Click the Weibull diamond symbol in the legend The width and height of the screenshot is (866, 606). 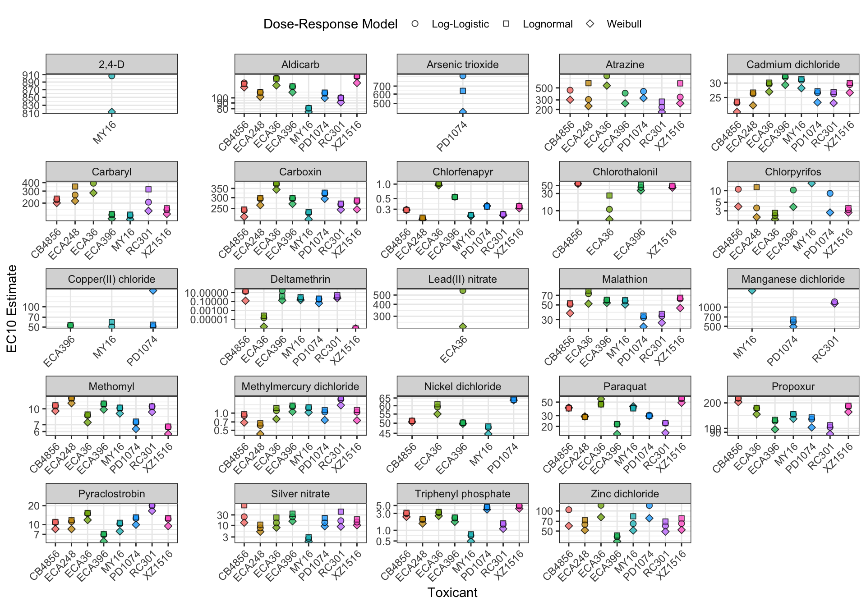coord(590,24)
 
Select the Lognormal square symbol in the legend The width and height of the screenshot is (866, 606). coord(506,24)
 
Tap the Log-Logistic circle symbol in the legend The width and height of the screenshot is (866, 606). coord(415,24)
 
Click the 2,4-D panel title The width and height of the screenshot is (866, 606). coord(111,64)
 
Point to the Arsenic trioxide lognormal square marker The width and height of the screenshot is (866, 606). coord(463,91)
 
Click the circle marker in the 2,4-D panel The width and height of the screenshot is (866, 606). coord(111,76)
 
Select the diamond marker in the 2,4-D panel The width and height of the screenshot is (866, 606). coord(111,112)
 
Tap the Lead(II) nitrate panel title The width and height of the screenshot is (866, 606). coord(462,279)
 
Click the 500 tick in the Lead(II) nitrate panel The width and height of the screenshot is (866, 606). coord(382,295)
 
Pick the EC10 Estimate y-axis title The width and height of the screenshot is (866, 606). coord(12,308)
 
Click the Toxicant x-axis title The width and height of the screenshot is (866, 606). coord(452,592)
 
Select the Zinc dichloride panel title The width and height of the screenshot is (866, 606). coord(625,494)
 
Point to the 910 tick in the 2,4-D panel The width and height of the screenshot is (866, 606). coord(34,75)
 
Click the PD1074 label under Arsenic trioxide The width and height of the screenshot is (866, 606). coord(452,136)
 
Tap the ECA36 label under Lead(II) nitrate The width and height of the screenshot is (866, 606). coord(453,350)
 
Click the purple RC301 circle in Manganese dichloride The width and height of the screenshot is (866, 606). coord(834,302)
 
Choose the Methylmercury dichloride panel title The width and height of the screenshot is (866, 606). coord(300,386)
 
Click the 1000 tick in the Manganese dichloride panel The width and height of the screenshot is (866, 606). coord(710,307)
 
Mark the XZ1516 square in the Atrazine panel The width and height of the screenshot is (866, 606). coord(680,83)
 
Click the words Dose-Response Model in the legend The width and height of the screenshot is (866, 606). coord(330,24)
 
